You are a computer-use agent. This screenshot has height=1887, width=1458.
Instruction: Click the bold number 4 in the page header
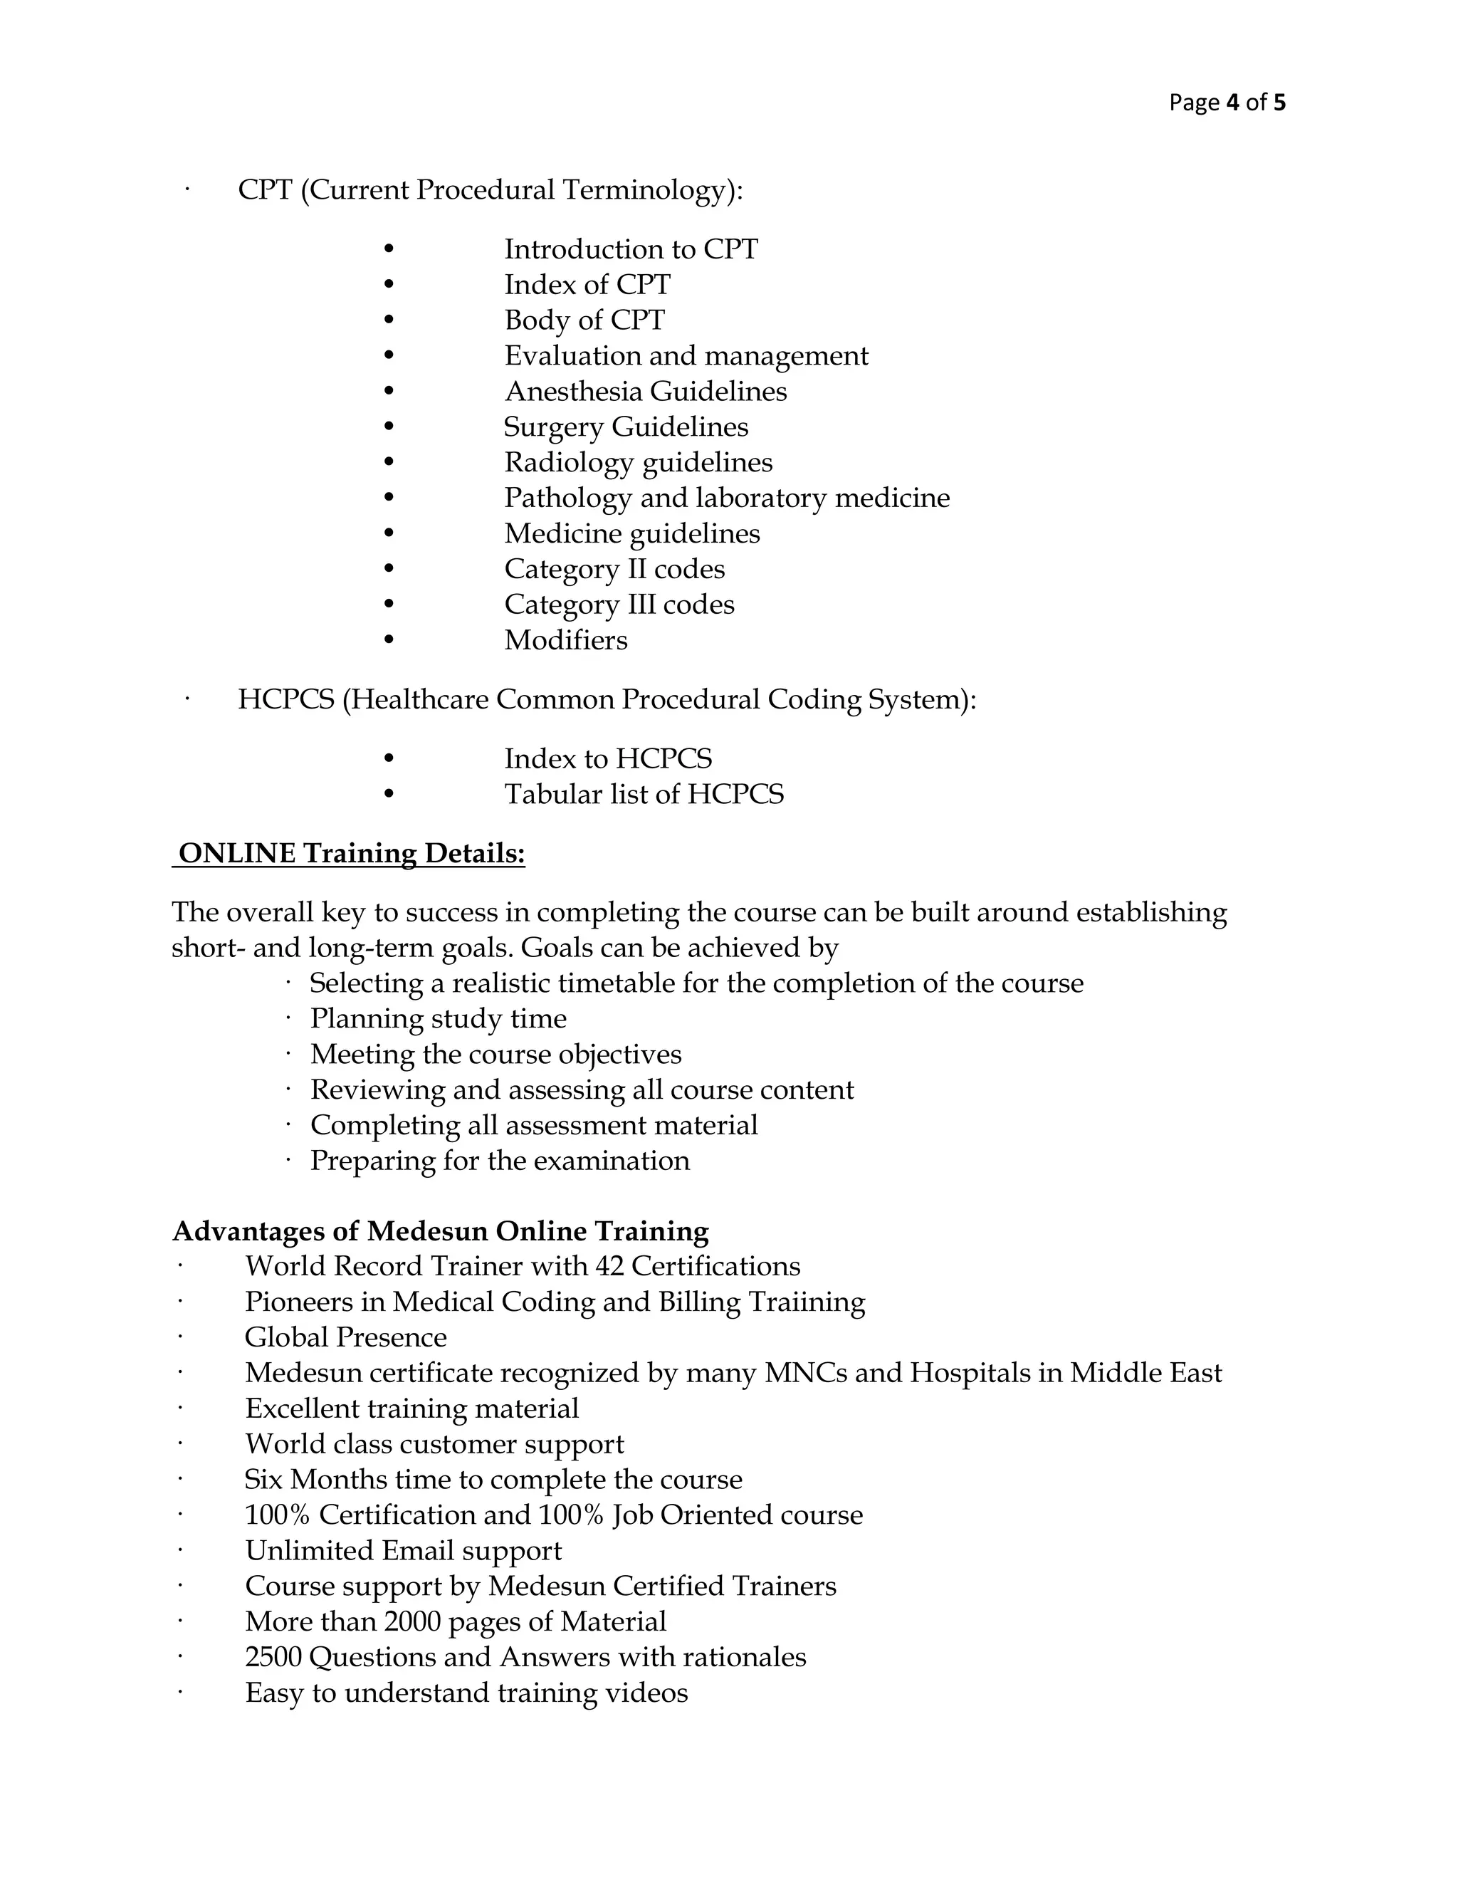(1232, 103)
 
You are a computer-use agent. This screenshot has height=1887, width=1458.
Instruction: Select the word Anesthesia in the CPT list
(574, 392)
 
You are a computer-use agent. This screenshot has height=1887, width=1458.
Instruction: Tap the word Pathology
(567, 498)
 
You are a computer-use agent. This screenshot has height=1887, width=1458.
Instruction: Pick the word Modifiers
(566, 640)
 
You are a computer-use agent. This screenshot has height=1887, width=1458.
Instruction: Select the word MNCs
(805, 1373)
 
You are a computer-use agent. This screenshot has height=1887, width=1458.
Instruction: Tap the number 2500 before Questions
(273, 1657)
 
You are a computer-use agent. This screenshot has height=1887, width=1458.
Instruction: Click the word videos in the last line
(647, 1693)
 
